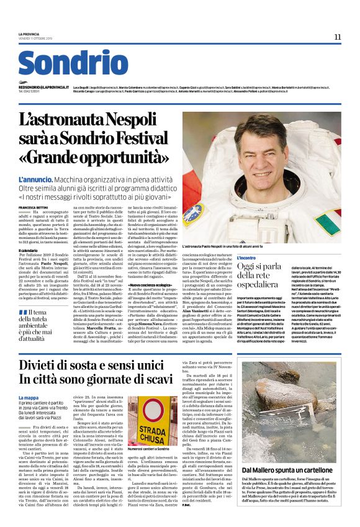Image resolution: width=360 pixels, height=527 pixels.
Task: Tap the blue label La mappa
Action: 29,397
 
